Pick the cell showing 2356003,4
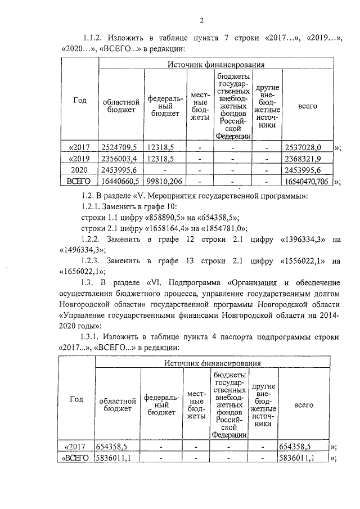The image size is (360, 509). (x=119, y=159)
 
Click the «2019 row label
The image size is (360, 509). (x=79, y=159)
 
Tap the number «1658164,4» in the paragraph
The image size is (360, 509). (x=160, y=228)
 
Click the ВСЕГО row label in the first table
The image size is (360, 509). (x=79, y=181)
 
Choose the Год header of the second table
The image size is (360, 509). (x=76, y=399)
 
